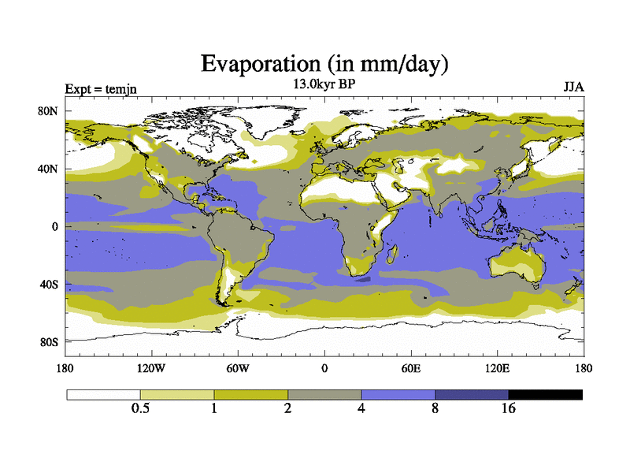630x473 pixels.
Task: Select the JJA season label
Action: point(573,88)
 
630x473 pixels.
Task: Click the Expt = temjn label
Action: point(101,88)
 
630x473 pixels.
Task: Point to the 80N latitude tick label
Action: point(49,111)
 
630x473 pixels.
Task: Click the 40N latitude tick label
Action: point(49,169)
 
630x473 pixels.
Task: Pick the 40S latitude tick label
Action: point(49,284)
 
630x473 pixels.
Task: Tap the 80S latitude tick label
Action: point(49,341)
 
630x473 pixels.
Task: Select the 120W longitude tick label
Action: point(151,368)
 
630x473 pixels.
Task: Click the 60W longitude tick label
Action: point(238,368)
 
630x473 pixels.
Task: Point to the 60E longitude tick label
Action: point(410,368)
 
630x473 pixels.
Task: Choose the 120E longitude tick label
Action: point(496,368)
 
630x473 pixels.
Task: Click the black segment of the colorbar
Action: point(545,394)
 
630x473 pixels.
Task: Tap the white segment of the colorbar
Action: point(103,394)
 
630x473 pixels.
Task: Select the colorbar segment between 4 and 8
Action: point(398,394)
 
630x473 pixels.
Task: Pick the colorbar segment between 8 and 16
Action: point(472,394)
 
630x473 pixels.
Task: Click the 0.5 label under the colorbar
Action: point(140,408)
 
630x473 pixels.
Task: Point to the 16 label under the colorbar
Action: point(509,408)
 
